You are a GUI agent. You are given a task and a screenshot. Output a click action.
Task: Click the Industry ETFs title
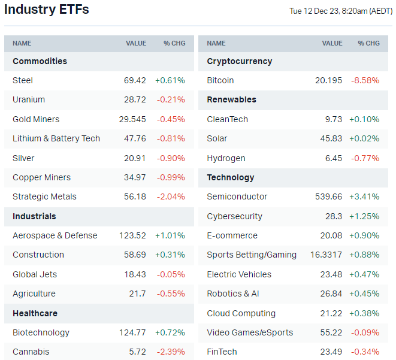(x=47, y=10)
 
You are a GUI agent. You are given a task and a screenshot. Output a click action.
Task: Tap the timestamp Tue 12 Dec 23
(x=341, y=11)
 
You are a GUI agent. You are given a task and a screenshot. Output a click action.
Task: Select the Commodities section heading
(x=40, y=61)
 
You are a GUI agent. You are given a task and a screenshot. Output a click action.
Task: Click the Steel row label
(x=23, y=80)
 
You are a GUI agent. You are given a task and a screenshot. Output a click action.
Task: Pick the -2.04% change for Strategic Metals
(x=171, y=196)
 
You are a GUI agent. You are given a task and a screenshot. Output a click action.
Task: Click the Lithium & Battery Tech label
(x=56, y=138)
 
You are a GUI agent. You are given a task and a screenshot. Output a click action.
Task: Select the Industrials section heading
(x=34, y=216)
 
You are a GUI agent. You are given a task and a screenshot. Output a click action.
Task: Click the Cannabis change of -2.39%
(x=171, y=352)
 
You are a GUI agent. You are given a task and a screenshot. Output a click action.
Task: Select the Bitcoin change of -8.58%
(x=365, y=80)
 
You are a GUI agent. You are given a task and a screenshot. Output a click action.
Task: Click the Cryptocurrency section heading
(x=239, y=61)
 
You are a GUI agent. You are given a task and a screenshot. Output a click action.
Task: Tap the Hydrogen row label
(x=226, y=158)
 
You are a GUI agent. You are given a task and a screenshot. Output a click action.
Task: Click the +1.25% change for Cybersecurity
(x=364, y=216)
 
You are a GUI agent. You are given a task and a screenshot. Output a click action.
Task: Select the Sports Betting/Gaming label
(x=252, y=255)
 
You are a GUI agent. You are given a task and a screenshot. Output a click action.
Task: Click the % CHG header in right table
(x=368, y=43)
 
